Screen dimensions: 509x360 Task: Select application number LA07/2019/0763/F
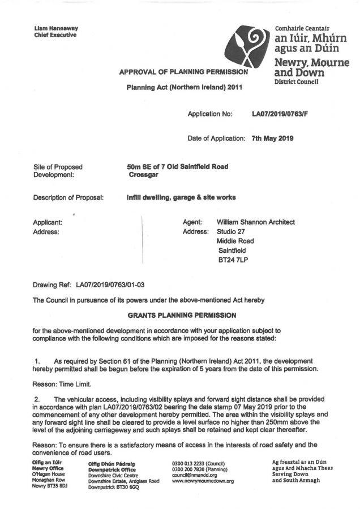tap(280, 114)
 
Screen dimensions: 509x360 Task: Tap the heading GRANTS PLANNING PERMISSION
tap(179, 314)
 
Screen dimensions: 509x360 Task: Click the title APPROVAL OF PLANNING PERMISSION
tap(183, 72)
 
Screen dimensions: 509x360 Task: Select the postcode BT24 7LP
tap(233, 258)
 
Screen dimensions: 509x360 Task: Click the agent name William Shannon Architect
tap(255, 222)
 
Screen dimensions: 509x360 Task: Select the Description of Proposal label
tap(68, 197)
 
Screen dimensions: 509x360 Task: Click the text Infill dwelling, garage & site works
tap(181, 197)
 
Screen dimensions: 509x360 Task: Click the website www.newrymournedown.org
tap(203, 481)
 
